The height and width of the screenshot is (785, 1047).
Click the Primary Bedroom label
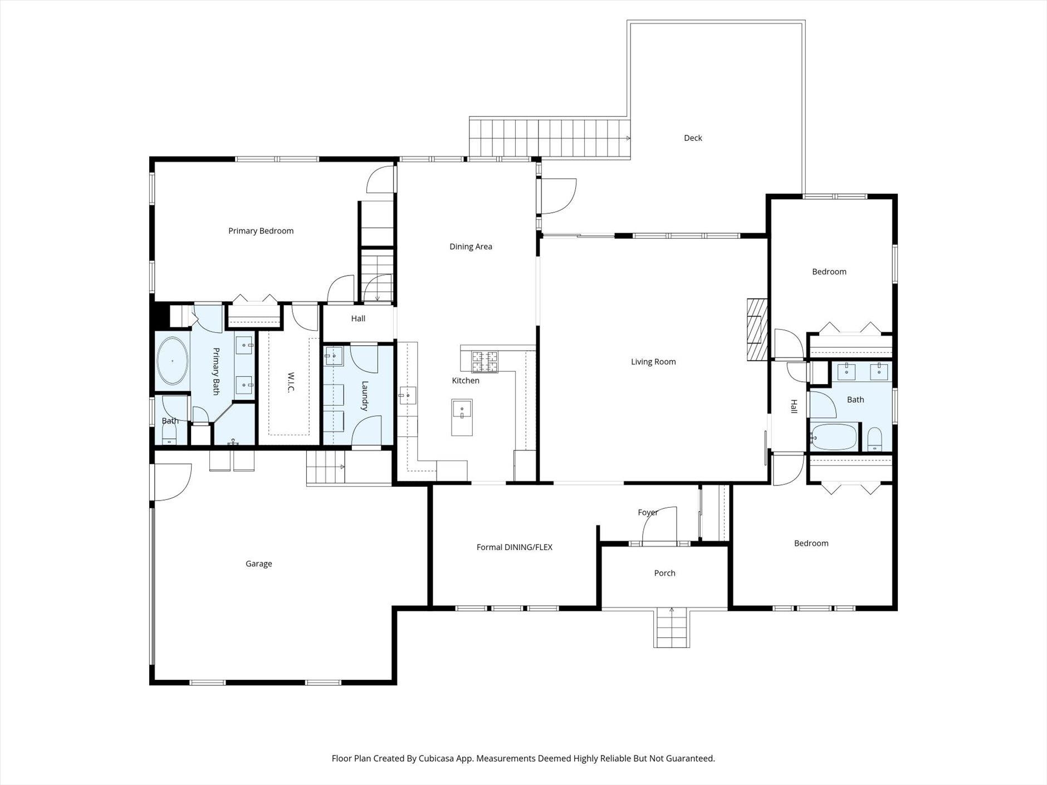pyautogui.click(x=261, y=231)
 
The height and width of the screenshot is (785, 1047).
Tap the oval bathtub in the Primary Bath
pyautogui.click(x=172, y=361)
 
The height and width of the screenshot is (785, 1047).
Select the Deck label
pyautogui.click(x=693, y=138)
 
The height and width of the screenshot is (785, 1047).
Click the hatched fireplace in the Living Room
pyautogui.click(x=757, y=330)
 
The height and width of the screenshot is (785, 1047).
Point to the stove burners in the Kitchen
pyautogui.click(x=485, y=362)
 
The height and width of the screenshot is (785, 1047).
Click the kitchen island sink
pyautogui.click(x=462, y=410)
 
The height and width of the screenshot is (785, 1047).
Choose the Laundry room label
pyautogui.click(x=365, y=396)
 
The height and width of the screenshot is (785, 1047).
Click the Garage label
pyautogui.click(x=259, y=564)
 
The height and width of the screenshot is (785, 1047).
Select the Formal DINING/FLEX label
pyautogui.click(x=515, y=547)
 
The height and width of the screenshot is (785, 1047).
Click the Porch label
pyautogui.click(x=664, y=573)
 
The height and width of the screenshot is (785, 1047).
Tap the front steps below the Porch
pyautogui.click(x=672, y=628)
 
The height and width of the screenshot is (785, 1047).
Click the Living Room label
pyautogui.click(x=653, y=362)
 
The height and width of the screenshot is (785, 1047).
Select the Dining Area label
pyautogui.click(x=471, y=247)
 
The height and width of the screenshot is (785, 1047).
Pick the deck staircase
pyautogui.click(x=550, y=138)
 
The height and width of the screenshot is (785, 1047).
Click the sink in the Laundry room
pyautogui.click(x=333, y=355)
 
